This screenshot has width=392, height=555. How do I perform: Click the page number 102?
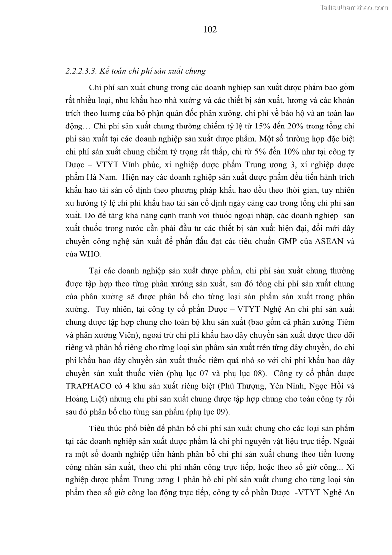(210, 30)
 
